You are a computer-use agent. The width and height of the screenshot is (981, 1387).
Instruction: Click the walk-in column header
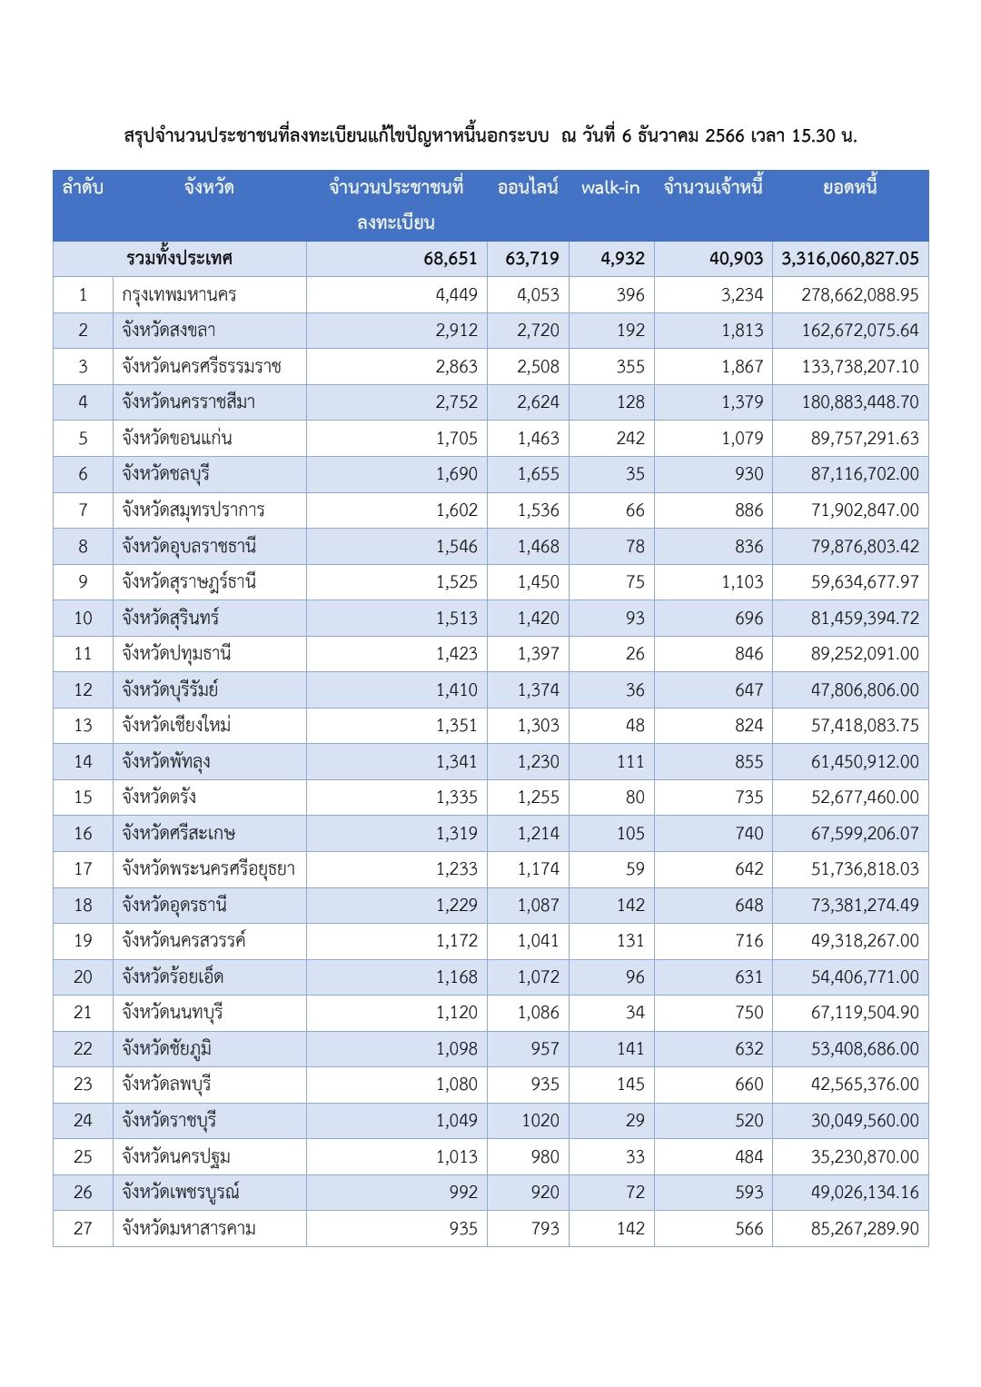click(610, 188)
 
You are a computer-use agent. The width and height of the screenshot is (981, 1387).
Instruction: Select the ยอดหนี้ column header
click(849, 188)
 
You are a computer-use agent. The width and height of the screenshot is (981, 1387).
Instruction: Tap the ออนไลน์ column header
click(528, 188)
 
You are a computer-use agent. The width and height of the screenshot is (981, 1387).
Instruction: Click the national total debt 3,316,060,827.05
click(849, 259)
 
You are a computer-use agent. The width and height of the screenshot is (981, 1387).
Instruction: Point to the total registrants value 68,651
click(450, 259)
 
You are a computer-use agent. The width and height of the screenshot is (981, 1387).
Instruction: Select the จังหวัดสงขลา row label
click(169, 331)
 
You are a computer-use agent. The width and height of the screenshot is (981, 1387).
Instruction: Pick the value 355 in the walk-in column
click(629, 367)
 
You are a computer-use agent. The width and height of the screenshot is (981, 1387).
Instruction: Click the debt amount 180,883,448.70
click(859, 402)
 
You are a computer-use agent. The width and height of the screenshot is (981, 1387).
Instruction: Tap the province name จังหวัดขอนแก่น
click(177, 439)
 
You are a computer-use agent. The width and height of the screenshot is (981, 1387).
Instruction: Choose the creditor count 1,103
click(742, 582)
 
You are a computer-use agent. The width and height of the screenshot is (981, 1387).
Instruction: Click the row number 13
click(83, 726)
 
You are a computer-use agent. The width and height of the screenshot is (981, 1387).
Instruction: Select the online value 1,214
click(538, 834)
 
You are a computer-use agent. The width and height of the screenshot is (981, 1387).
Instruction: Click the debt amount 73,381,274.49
click(864, 906)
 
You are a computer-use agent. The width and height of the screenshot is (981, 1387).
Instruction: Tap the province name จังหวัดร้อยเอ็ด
click(173, 977)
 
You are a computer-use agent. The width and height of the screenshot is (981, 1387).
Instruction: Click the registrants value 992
click(462, 1193)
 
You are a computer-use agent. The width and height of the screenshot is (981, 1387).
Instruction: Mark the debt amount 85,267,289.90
click(864, 1229)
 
